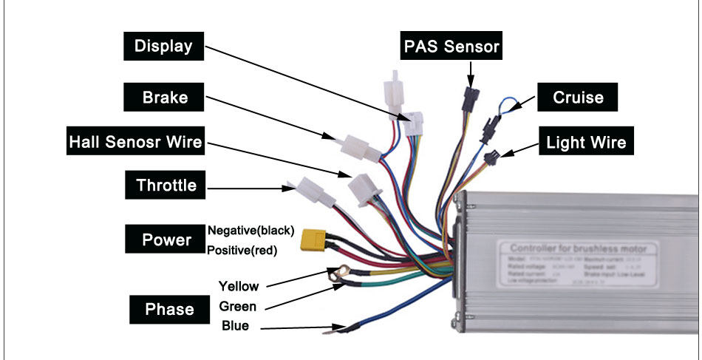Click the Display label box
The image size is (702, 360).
pos(163,47)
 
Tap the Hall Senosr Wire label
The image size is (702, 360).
pos(135,141)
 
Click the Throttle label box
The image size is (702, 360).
pos(166,185)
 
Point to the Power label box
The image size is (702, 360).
pos(166,240)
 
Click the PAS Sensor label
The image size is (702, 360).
pos(451,47)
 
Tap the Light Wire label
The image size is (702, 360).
pos(586,142)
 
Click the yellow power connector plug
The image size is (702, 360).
pos(313,240)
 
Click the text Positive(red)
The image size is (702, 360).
pos(242,251)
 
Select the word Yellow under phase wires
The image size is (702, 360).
pos(238,285)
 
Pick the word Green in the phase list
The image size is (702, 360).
pos(238,306)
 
